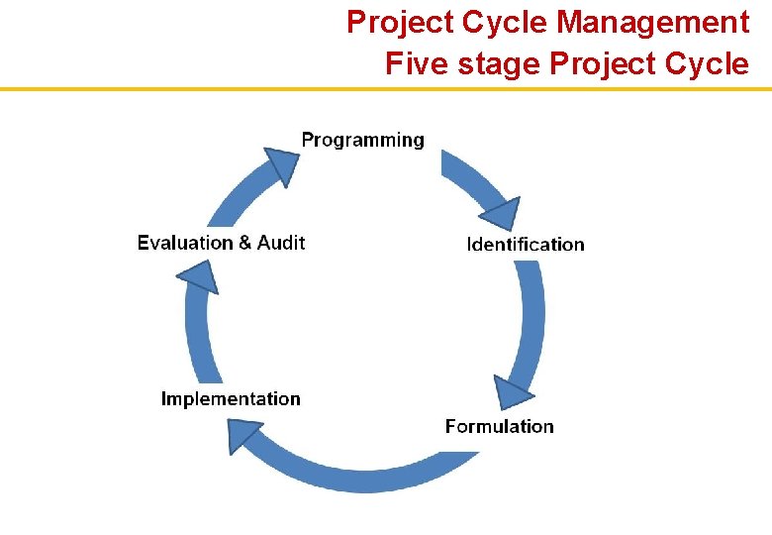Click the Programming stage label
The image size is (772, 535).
[x=362, y=140]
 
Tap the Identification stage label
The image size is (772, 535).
[x=526, y=244]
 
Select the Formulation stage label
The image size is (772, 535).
[x=499, y=426]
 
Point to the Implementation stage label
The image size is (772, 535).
[x=231, y=398]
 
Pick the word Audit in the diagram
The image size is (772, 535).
[x=281, y=242]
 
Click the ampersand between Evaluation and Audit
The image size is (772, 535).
[x=245, y=242]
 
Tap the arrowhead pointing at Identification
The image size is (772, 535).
[x=500, y=214]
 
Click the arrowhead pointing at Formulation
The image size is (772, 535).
[x=511, y=392]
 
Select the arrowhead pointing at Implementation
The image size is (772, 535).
[x=242, y=434]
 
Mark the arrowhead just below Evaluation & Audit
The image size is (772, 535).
[x=200, y=276]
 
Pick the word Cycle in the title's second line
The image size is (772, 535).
[x=708, y=64]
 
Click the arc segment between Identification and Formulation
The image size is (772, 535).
[x=532, y=317]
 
